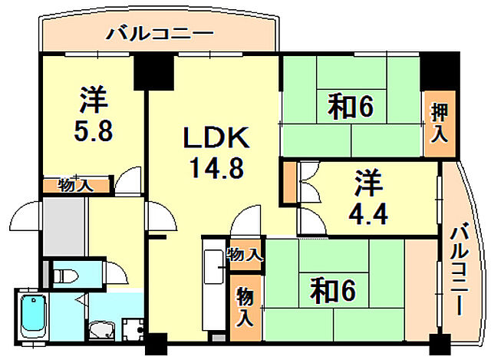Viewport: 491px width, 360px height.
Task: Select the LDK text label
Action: pyautogui.click(x=216, y=140)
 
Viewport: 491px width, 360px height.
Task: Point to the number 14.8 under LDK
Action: pyautogui.click(x=216, y=167)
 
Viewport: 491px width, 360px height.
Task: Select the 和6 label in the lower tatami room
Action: pyautogui.click(x=333, y=289)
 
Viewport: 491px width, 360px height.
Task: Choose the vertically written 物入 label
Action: pyautogui.click(x=243, y=306)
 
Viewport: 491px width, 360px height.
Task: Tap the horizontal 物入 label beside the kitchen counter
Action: pyautogui.click(x=245, y=253)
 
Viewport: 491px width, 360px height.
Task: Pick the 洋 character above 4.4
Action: pyautogui.click(x=368, y=184)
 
